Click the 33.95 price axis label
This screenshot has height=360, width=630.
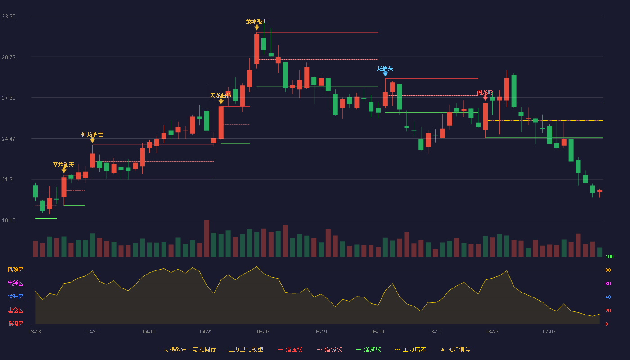(9, 17)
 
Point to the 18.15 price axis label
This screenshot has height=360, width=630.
(9, 220)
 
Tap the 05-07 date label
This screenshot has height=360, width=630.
(263, 332)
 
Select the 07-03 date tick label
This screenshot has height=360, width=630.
(549, 332)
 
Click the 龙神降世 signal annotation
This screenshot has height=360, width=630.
(256, 22)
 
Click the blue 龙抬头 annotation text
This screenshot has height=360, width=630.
(385, 68)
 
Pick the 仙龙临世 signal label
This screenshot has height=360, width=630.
(92, 135)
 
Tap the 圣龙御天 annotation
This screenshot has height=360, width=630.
(63, 165)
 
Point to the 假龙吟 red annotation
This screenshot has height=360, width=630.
(485, 93)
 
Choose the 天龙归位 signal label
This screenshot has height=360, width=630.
(221, 95)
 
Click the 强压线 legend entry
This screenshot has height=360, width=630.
(290, 349)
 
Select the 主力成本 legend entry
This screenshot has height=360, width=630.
(410, 349)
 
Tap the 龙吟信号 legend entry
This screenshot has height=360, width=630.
(455, 349)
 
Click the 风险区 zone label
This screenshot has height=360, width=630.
(15, 270)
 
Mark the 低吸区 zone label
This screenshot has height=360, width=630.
(15, 324)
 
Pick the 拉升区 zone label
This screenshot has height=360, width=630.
(15, 297)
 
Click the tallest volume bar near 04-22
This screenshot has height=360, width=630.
(207, 238)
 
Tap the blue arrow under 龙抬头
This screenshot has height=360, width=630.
(385, 74)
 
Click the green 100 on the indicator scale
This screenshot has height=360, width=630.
(609, 256)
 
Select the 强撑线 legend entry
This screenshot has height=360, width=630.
(369, 349)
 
